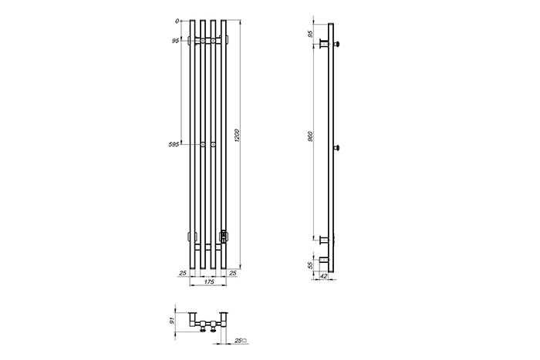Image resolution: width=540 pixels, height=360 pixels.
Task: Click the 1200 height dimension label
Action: pyautogui.click(x=236, y=136)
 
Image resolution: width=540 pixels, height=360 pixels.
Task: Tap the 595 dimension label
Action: pyautogui.click(x=174, y=145)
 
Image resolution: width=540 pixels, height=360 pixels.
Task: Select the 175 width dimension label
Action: pyautogui.click(x=209, y=282)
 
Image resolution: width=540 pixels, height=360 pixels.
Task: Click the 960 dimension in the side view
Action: pyautogui.click(x=310, y=136)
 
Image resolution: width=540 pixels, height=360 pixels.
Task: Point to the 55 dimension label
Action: pyautogui.click(x=310, y=265)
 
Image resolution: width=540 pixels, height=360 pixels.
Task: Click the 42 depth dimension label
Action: pyautogui.click(x=324, y=276)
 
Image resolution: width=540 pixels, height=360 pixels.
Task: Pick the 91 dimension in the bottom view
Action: pyautogui.click(x=173, y=321)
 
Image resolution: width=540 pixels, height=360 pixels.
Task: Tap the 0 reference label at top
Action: pyautogui.click(x=177, y=21)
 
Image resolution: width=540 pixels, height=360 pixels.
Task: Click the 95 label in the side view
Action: pyautogui.click(x=310, y=34)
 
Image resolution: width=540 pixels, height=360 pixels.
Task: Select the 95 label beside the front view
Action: pyautogui.click(x=176, y=41)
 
